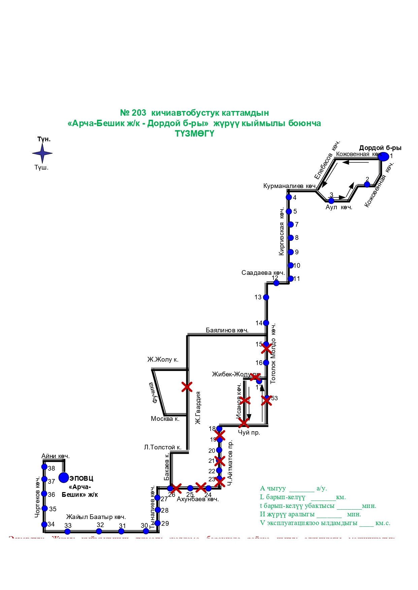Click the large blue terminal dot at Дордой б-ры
[x=383, y=156]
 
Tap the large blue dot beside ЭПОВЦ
[x=64, y=477]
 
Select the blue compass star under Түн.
[x=42, y=153]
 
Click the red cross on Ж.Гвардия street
[x=187, y=387]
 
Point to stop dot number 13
[x=266, y=297]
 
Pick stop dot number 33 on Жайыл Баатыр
[x=68, y=531]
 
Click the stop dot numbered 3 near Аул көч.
[x=331, y=201]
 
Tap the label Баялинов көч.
[x=227, y=330]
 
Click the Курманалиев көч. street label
[x=289, y=186]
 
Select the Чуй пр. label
[x=249, y=433]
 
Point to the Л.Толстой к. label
[x=163, y=447]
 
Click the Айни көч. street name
[x=56, y=456]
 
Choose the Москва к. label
[x=165, y=419]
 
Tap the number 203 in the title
[x=139, y=113]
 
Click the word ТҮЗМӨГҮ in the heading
[x=194, y=134]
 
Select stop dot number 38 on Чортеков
[x=44, y=467]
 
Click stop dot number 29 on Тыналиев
[x=157, y=523]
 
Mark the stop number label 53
[x=275, y=398]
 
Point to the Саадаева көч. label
[x=263, y=273]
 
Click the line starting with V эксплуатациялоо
[x=325, y=523]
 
